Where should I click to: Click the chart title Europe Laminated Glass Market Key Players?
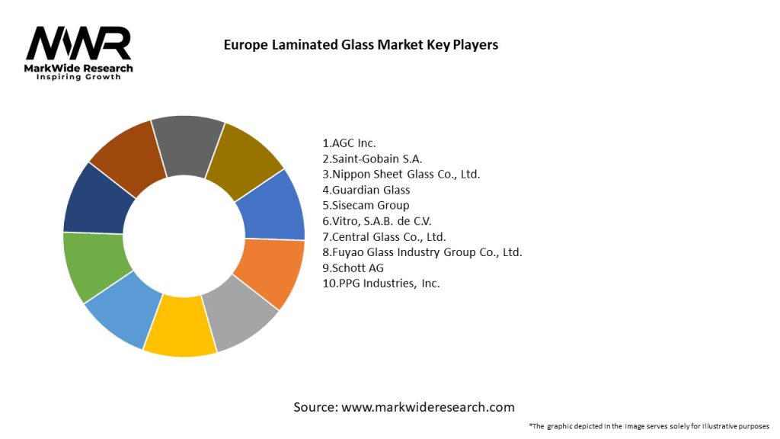click(x=360, y=45)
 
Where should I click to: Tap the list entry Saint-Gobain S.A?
click(x=372, y=159)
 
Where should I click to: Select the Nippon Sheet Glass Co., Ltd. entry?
click(x=401, y=174)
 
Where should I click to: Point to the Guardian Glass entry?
click(x=366, y=190)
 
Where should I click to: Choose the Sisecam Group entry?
click(x=366, y=205)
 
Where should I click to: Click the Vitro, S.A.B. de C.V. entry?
click(x=377, y=221)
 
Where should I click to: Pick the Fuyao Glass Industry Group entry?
click(x=422, y=252)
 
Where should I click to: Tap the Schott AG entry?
click(x=353, y=268)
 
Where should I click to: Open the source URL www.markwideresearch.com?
click(x=427, y=407)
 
